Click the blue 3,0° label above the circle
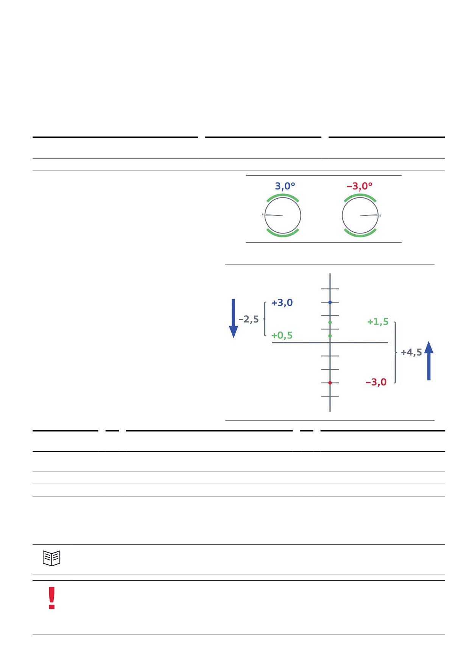click(285, 186)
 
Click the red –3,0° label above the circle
click(360, 186)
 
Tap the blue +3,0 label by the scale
click(282, 302)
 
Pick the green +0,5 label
click(282, 335)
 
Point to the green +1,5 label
click(378, 322)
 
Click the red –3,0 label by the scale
click(376, 382)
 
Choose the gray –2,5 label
click(249, 319)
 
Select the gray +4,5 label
click(411, 352)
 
